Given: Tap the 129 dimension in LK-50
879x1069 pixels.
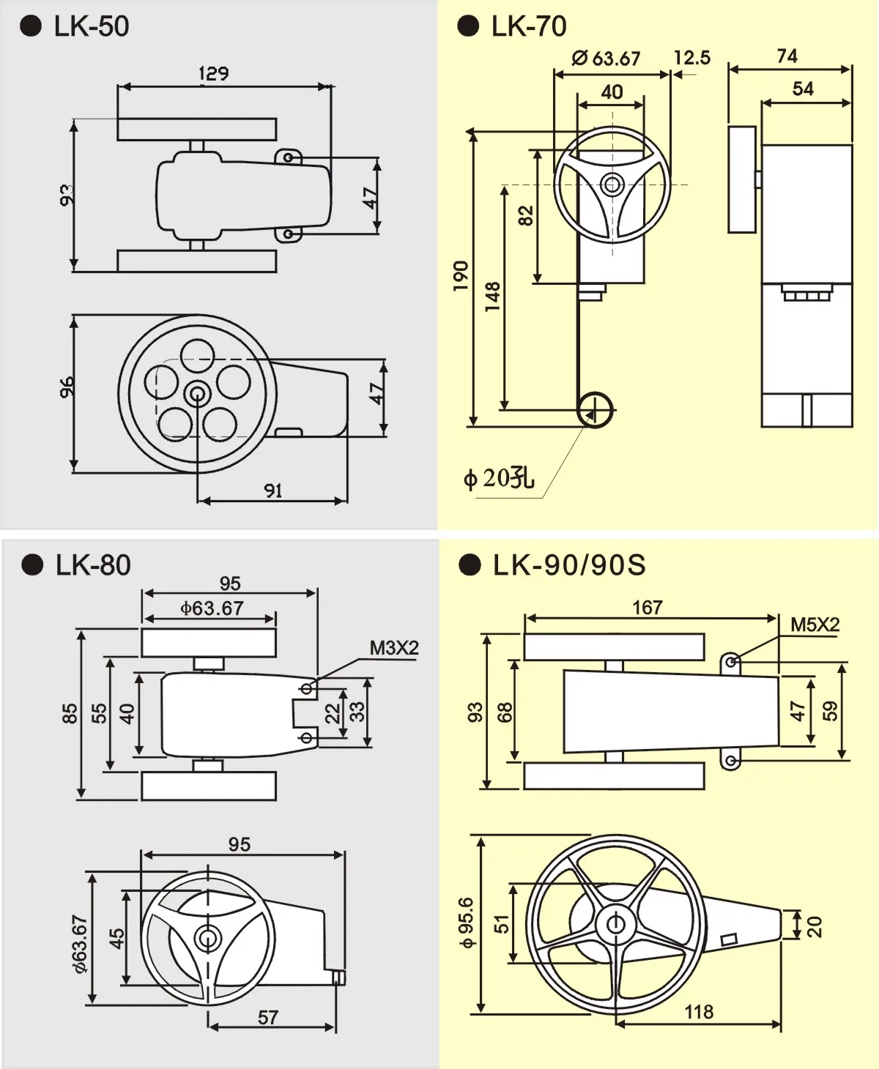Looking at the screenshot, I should [x=213, y=73].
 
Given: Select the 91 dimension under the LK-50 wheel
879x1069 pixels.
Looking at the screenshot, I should [x=273, y=491].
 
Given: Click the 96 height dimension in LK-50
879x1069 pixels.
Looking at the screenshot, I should [x=67, y=387].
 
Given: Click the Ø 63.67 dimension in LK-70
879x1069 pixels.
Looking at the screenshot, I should [x=606, y=58].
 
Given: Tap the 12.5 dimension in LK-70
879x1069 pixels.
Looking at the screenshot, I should [x=691, y=58].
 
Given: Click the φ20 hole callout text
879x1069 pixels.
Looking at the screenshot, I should [x=499, y=478].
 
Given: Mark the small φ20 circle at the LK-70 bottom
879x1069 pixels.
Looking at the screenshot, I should [x=596, y=410].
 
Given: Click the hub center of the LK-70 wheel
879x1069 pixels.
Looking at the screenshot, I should [x=612, y=184].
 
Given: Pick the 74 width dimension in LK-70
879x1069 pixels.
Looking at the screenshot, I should [x=787, y=56].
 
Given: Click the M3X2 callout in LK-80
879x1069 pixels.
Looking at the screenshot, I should [x=393, y=648].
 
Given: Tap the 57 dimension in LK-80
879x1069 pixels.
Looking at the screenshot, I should [x=268, y=1017].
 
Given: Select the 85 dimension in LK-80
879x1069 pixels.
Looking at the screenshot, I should [x=70, y=713].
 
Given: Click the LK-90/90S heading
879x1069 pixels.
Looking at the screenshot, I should [x=569, y=565].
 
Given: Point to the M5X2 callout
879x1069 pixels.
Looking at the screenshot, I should [x=815, y=625].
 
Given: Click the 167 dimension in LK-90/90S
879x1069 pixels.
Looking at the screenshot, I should [x=647, y=607].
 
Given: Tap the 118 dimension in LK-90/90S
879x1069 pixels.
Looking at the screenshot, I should [x=698, y=1012].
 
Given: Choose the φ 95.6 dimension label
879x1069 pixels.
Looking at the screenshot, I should [x=466, y=923].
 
